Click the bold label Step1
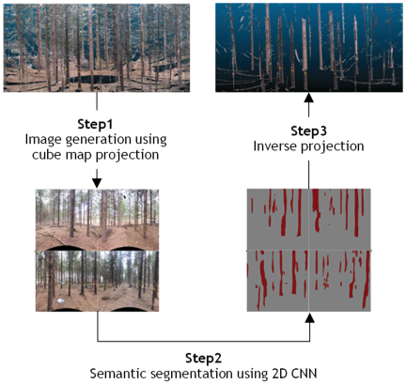pos(95,125)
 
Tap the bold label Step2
pos(203,358)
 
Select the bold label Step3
pos(308,131)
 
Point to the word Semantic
pos(115,374)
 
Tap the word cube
pos(44,155)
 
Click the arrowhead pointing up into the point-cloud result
pos(309,98)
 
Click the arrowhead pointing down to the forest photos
pos(97,183)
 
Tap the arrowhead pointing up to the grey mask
pos(309,318)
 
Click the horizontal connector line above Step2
pos(204,341)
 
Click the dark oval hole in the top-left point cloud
pos(94,79)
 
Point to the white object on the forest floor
pos(60,300)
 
